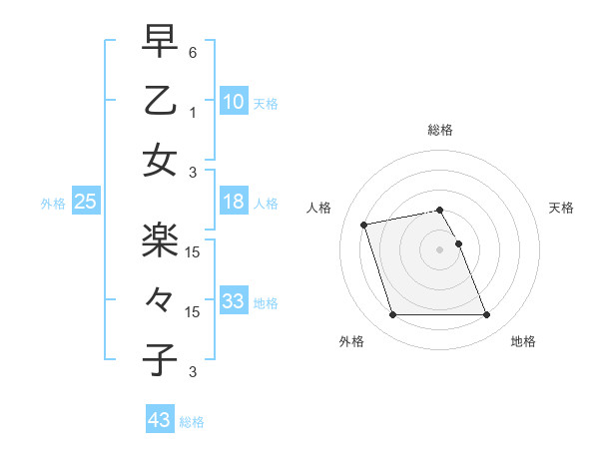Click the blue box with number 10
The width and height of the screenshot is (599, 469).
pyautogui.click(x=234, y=102)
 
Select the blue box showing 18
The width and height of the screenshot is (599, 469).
pyautogui.click(x=234, y=203)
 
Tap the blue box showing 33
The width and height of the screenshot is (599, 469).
pyautogui.click(x=234, y=301)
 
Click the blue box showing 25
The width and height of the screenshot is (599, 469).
pyautogui.click(x=85, y=203)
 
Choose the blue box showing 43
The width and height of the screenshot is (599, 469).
pyautogui.click(x=159, y=420)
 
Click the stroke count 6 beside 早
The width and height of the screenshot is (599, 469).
pyautogui.click(x=193, y=52)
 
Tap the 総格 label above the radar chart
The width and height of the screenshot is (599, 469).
pyautogui.click(x=439, y=130)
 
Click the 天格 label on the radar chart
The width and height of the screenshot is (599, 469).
pyautogui.click(x=561, y=208)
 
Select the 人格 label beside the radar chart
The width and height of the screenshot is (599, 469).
pyautogui.click(x=319, y=208)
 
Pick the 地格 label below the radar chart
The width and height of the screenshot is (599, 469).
pyautogui.click(x=523, y=342)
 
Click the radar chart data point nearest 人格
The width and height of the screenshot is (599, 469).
pyautogui.click(x=364, y=224)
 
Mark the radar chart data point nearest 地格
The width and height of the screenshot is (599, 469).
pyautogui.click(x=486, y=315)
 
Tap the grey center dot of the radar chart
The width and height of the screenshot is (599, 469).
pyautogui.click(x=439, y=248)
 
